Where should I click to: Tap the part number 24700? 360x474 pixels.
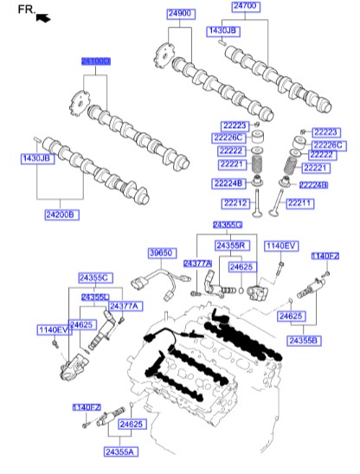click(x=245, y=6)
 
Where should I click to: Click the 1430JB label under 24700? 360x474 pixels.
click(x=222, y=30)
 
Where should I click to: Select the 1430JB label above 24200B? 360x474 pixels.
click(x=37, y=159)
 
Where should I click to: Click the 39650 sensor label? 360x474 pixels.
click(x=161, y=253)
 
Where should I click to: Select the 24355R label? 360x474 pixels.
click(x=233, y=247)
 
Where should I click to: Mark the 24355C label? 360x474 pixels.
click(x=95, y=278)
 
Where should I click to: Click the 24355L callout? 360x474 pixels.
click(x=95, y=297)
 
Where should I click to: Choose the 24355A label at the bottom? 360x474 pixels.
click(x=121, y=452)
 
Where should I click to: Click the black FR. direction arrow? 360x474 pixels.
click(x=42, y=16)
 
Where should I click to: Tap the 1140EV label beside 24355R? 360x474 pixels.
click(x=280, y=247)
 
